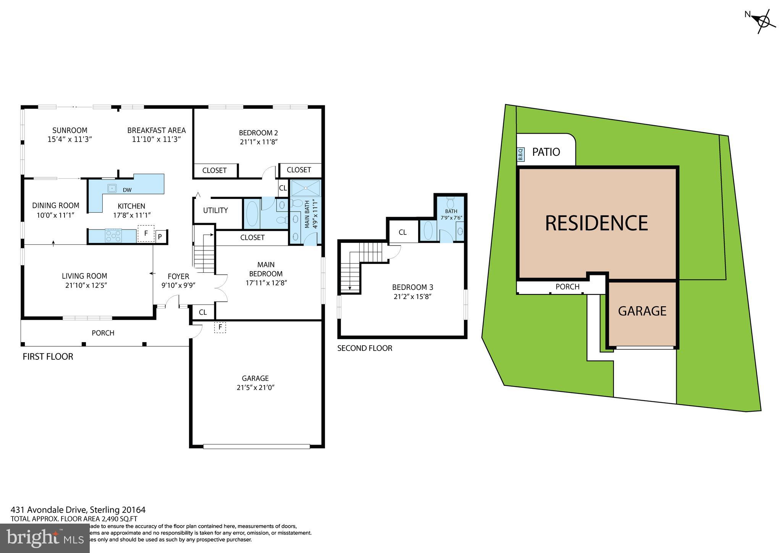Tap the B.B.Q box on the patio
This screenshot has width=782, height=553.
click(x=520, y=154)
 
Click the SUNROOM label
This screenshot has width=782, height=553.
click(x=70, y=130)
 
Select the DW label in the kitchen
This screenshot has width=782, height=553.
click(x=127, y=190)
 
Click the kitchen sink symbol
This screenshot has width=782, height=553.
click(x=112, y=188)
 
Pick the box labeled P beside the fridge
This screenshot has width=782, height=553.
click(x=160, y=237)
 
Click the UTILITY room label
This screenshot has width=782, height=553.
click(x=215, y=210)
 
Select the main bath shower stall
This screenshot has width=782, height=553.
click(x=305, y=188)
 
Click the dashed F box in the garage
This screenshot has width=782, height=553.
click(x=220, y=327)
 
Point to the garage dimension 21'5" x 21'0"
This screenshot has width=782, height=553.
click(x=255, y=387)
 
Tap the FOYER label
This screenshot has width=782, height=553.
click(x=178, y=276)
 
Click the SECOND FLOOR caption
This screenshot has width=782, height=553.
click(x=365, y=348)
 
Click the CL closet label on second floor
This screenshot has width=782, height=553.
click(x=402, y=232)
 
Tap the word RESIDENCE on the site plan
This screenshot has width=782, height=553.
click(x=596, y=223)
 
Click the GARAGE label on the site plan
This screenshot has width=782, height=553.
click(x=642, y=311)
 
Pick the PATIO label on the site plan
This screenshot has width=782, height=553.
click(x=546, y=152)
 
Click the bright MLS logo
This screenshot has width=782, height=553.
click(x=45, y=538)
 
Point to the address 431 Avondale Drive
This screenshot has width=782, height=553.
click(x=78, y=510)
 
